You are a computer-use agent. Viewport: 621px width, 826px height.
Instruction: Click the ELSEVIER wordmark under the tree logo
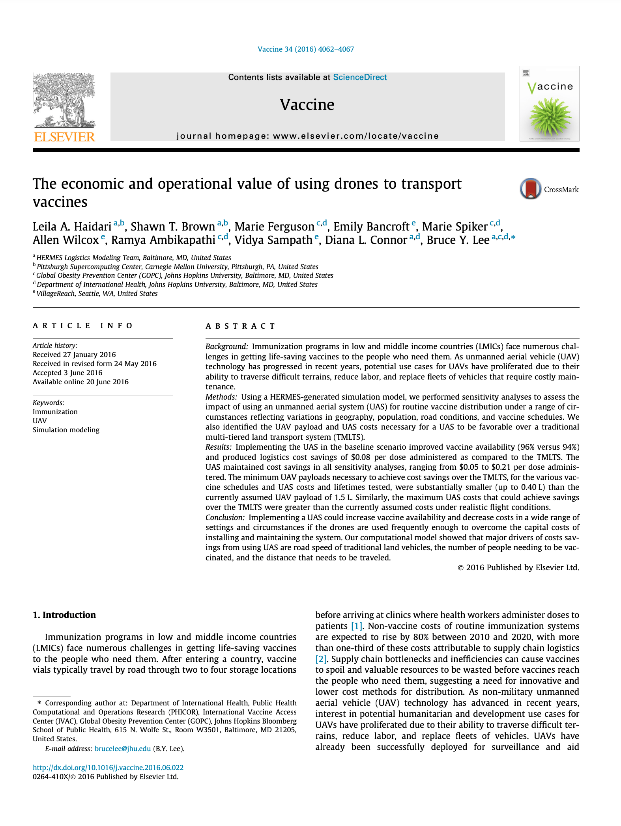click(x=64, y=137)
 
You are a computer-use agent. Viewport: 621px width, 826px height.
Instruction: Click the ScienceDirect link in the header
click(x=360, y=77)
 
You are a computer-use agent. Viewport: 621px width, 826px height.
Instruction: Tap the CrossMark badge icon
click(x=530, y=189)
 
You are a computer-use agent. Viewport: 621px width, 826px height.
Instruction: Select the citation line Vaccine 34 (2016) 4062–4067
click(x=306, y=49)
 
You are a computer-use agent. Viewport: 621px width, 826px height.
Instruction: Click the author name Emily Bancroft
click(x=371, y=227)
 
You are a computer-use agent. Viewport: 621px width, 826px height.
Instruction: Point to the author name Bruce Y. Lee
click(x=458, y=240)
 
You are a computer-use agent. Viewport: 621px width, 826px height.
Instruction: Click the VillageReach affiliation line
click(x=97, y=294)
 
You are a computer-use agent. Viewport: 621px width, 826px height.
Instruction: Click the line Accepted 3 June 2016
click(x=67, y=373)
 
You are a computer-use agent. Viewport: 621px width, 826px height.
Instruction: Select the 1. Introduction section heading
click(x=64, y=615)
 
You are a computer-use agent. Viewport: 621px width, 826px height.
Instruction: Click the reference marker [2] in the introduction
click(x=321, y=659)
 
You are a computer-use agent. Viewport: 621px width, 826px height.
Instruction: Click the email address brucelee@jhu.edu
click(x=123, y=748)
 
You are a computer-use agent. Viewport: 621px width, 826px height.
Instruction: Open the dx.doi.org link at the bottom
click(x=108, y=767)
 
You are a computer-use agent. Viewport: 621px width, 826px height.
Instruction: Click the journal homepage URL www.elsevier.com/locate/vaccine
click(x=355, y=136)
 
